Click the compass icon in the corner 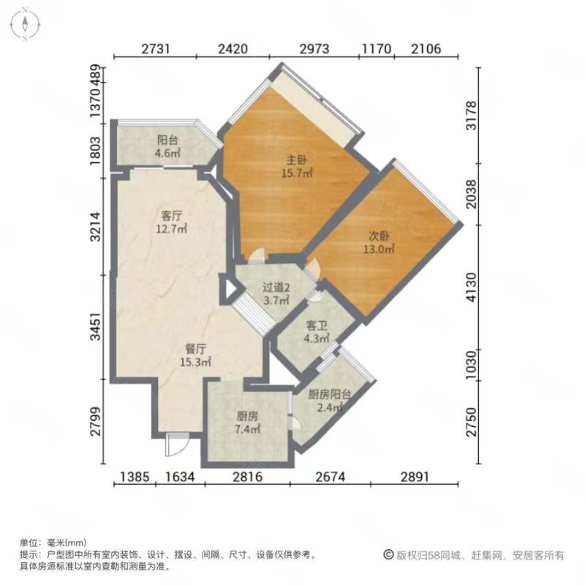click(25, 24)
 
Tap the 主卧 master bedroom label click(297, 167)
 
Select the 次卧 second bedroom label click(379, 243)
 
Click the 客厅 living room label click(172, 222)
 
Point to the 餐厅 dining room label click(196, 355)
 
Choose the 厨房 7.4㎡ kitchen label click(247, 423)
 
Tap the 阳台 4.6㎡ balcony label click(167, 147)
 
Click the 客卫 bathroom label click(317, 332)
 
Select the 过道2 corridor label click(276, 294)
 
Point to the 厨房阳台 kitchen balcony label click(330, 401)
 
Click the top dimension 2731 click(156, 49)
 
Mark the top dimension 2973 click(314, 49)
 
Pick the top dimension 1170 click(377, 49)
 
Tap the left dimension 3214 click(96, 227)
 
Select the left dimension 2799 click(96, 421)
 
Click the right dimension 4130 click(472, 287)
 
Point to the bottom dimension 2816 click(247, 477)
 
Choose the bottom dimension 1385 click(135, 477)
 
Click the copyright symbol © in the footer click(389, 555)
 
